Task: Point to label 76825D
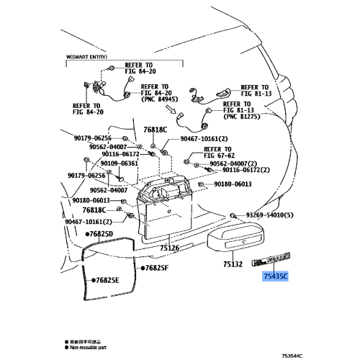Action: click(x=99, y=234)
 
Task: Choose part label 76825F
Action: click(x=155, y=268)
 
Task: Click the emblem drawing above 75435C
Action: click(x=273, y=261)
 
